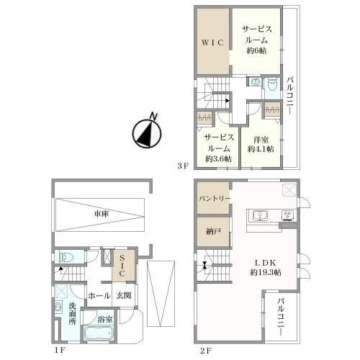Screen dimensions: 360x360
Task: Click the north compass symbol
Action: (147, 132)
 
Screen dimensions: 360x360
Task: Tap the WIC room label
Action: (212, 42)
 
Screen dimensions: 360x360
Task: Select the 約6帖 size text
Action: (256, 50)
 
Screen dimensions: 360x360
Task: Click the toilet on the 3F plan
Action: (272, 85)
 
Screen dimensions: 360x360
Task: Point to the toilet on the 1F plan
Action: (66, 258)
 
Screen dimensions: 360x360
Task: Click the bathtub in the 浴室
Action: (99, 333)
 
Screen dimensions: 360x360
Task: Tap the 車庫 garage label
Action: (102, 214)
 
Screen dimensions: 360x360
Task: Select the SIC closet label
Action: (122, 266)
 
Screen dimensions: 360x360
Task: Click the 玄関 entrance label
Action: (124, 295)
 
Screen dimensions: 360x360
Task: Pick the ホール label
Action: (99, 296)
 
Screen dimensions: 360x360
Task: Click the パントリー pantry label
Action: (215, 199)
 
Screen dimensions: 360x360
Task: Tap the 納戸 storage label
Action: (213, 231)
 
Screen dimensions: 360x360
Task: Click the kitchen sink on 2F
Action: (261, 215)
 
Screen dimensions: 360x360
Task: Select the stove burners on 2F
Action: (287, 215)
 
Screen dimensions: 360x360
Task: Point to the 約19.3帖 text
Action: (266, 272)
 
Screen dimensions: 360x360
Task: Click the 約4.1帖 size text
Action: (261, 149)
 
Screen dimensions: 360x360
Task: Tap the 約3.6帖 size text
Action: (218, 158)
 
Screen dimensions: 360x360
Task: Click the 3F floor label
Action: (183, 166)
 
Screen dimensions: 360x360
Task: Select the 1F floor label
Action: (59, 351)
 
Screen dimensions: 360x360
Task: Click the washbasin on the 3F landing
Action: (254, 82)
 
